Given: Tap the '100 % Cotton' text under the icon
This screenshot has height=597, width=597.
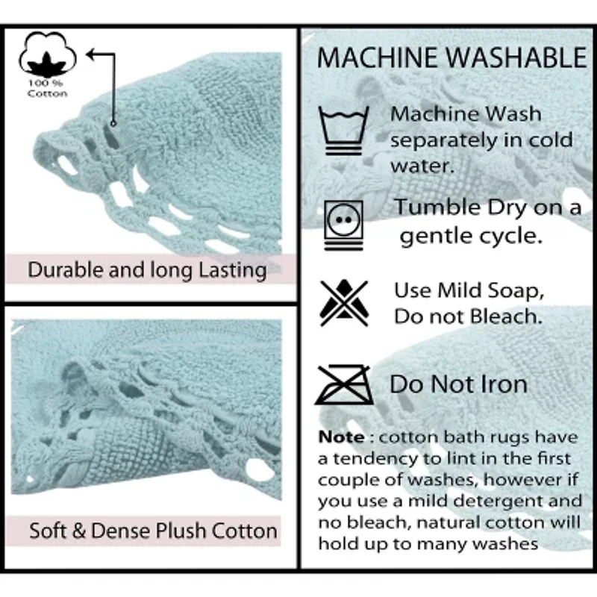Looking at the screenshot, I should click(x=47, y=88).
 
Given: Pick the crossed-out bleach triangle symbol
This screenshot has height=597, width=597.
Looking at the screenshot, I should click(x=344, y=302).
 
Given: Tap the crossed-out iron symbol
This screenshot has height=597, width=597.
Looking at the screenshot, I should click(x=344, y=384).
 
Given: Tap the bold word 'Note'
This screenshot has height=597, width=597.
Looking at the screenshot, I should click(x=342, y=436).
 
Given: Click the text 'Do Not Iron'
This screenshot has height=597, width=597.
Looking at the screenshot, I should click(x=458, y=384).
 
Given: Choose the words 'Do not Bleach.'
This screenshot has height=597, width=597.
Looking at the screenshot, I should click(x=467, y=316).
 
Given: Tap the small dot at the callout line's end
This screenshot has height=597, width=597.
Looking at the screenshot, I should click(x=113, y=123).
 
